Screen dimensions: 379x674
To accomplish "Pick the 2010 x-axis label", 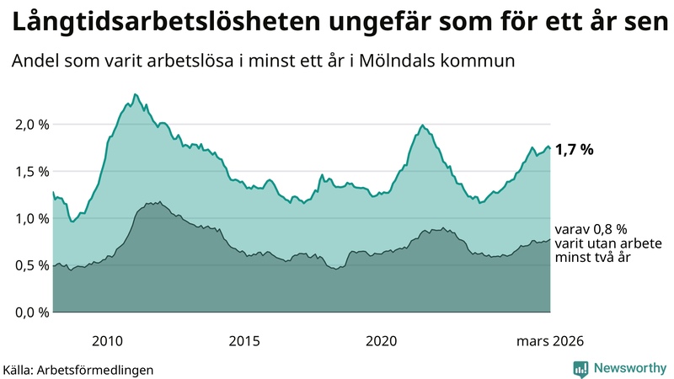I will point(107,340).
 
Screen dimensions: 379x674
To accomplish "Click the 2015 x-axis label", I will point(244,340).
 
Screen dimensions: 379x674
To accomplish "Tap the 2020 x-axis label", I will point(381,340).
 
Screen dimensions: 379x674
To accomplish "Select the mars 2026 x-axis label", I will point(550,340).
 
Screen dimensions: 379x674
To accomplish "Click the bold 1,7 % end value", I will point(574,150).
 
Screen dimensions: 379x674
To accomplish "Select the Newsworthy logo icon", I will point(580,368).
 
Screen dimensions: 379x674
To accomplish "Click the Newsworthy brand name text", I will point(630,368).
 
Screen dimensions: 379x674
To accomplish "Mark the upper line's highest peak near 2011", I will point(136,94).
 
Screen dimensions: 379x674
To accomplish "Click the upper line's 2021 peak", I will point(422,125).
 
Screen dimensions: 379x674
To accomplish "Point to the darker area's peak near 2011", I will point(159,201).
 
